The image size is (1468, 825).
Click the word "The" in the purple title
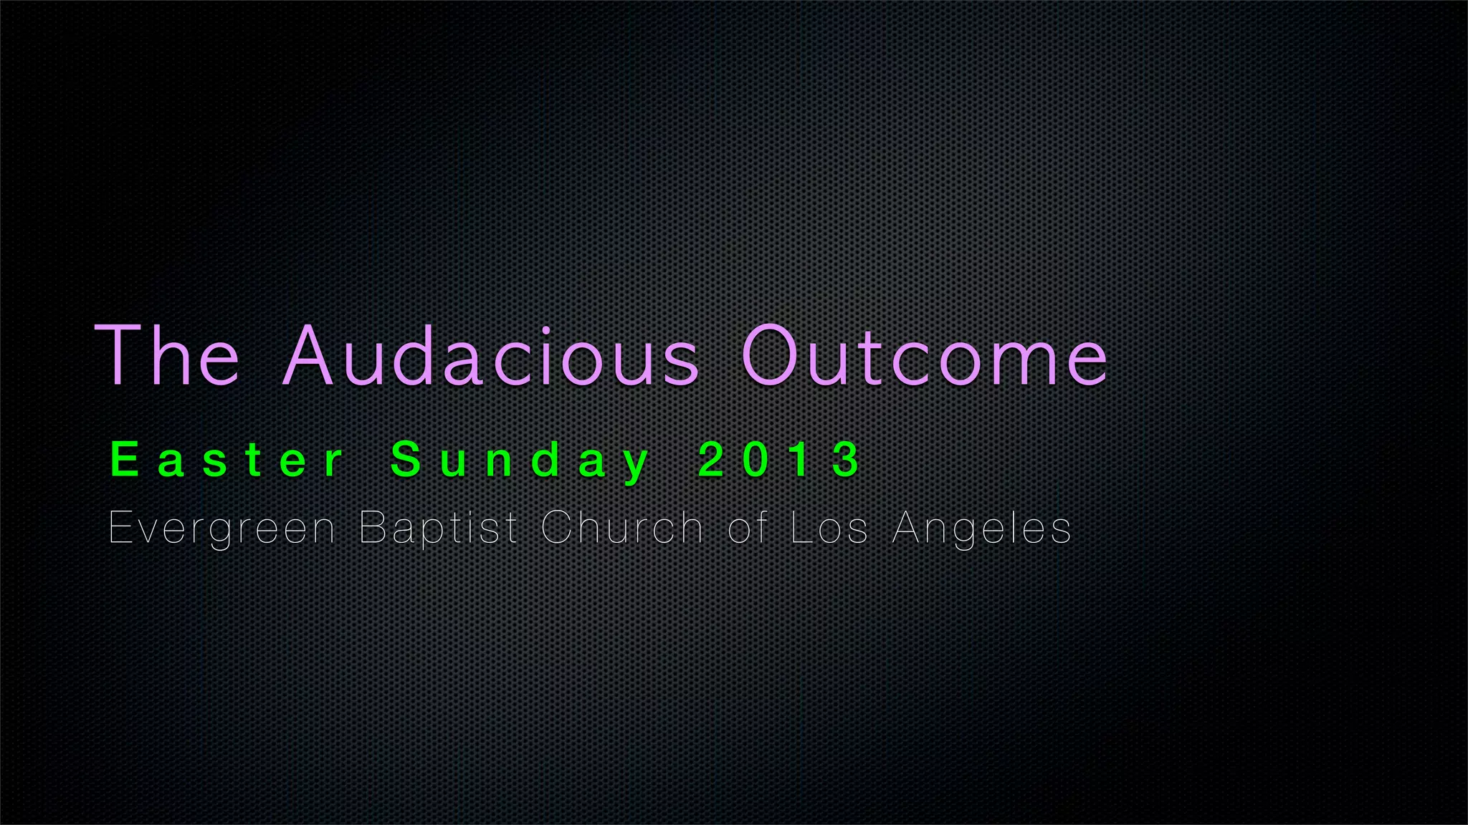tap(167, 356)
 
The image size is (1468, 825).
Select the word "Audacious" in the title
tap(490, 356)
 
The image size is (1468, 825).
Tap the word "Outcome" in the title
tap(925, 356)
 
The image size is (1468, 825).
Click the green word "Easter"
tap(228, 460)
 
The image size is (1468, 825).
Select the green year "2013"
tap(781, 459)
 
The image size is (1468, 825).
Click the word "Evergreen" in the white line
tap(221, 529)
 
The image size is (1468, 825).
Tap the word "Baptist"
tap(438, 529)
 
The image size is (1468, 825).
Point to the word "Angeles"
tap(982, 529)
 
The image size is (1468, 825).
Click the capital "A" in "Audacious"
tap(307, 356)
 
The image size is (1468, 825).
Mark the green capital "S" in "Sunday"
tap(406, 459)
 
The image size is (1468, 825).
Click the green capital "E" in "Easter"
tap(125, 459)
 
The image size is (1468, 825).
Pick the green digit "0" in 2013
tap(756, 459)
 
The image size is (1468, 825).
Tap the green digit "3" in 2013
tap(848, 459)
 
